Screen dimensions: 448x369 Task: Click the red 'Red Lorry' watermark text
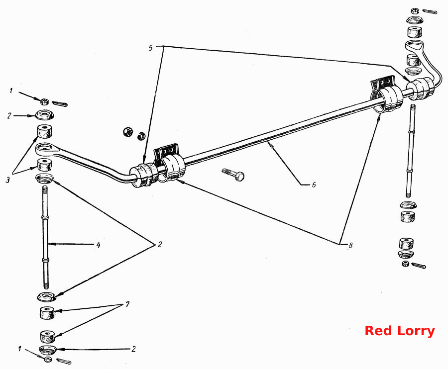(399, 331)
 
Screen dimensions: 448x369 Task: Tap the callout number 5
(150, 48)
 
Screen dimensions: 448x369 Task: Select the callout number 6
(314, 184)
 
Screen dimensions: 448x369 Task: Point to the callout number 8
(350, 245)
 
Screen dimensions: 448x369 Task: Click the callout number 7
(127, 304)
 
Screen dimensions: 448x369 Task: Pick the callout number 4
(98, 245)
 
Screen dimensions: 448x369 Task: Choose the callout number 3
(8, 180)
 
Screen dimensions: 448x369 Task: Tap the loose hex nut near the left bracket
(127, 132)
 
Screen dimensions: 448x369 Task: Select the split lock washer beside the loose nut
(141, 136)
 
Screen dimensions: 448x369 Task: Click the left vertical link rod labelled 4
(45, 237)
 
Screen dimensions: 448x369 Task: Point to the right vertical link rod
(411, 151)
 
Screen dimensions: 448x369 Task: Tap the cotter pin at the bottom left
(64, 361)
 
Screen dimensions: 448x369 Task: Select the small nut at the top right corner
(414, 11)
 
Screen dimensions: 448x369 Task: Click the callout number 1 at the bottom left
(20, 349)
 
